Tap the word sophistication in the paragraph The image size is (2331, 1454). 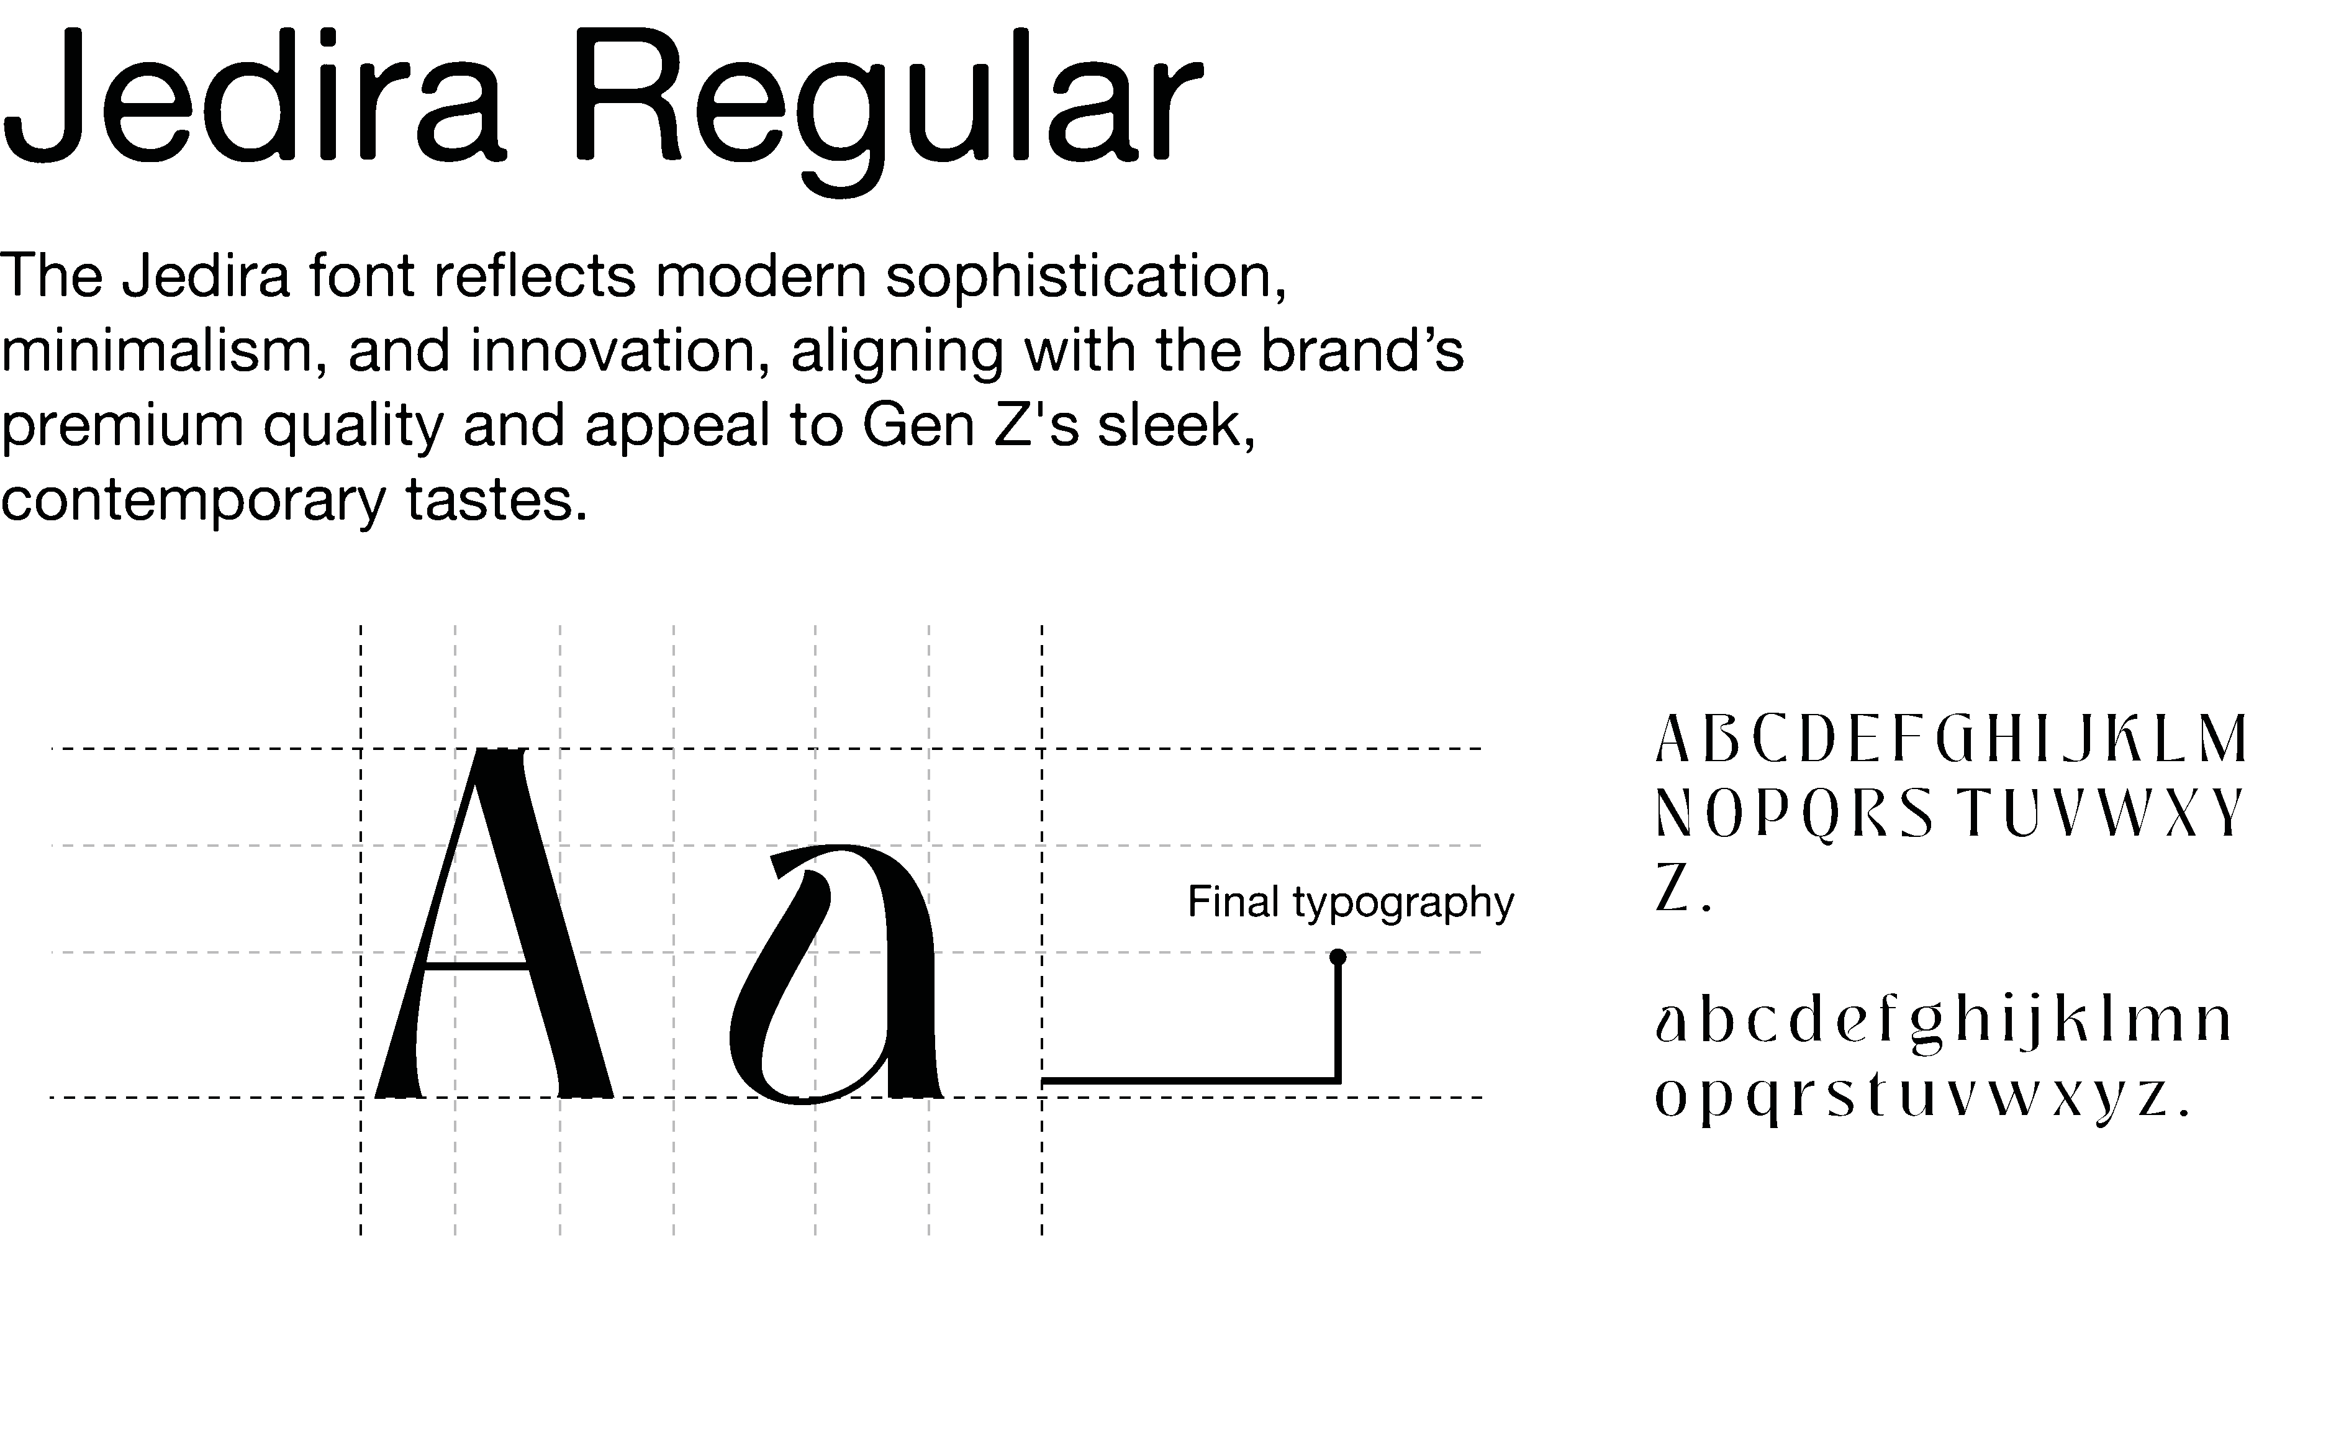pos(1085,277)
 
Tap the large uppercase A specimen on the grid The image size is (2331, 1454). pos(493,923)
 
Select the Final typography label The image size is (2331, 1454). pos(1350,902)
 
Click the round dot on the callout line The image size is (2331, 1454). pos(1337,957)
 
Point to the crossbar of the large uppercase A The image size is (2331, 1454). pos(477,964)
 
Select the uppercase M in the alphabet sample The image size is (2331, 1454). pos(2221,739)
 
